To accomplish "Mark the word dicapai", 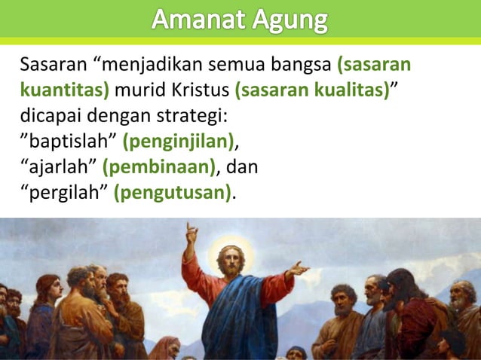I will pyautogui.click(x=47, y=117).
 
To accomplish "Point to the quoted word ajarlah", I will pyautogui.click(x=57, y=167).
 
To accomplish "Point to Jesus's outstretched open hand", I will pyautogui.click(x=298, y=268).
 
